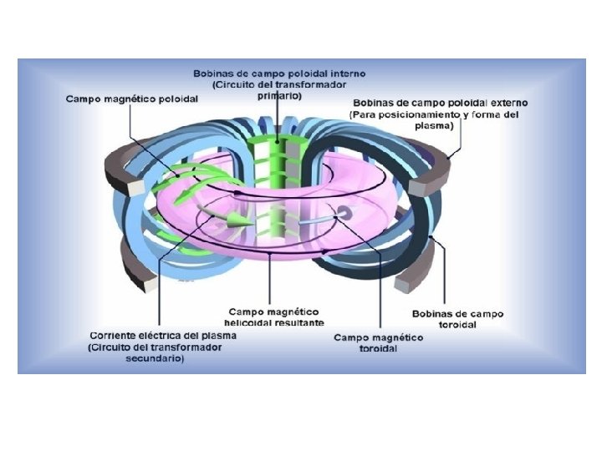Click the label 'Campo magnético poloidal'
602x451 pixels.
pyautogui.click(x=132, y=99)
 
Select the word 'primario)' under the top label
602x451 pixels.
pyautogui.click(x=279, y=95)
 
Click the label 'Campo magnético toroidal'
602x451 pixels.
pyautogui.click(x=378, y=342)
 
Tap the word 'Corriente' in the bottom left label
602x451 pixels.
pyautogui.click(x=117, y=336)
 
